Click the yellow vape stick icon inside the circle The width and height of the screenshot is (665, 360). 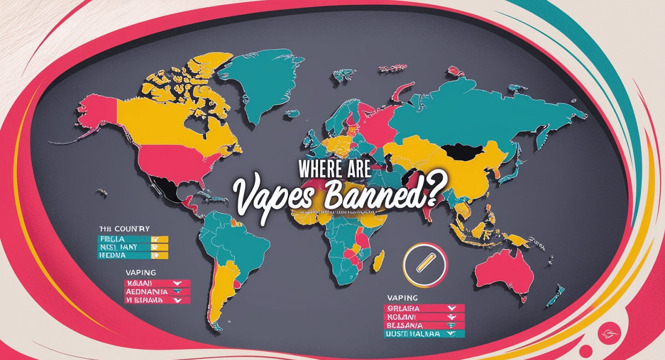[x=425, y=260]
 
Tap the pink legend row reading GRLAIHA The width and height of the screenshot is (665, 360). [x=424, y=308]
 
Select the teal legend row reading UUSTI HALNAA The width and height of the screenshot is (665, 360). [x=424, y=335]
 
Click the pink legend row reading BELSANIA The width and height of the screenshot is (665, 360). [x=424, y=326]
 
